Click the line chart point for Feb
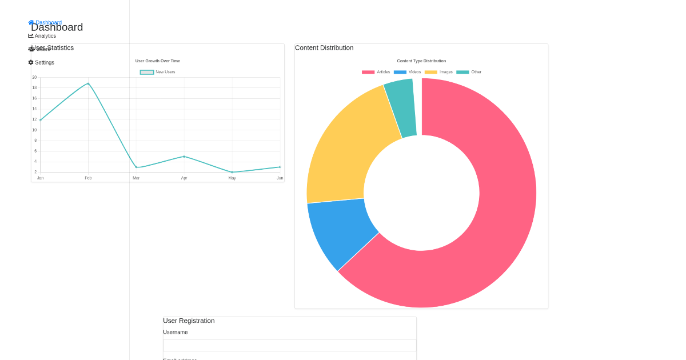[88, 83]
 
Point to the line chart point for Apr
[184, 157]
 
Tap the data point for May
[232, 172]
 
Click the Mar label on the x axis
[136, 178]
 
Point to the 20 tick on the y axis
[34, 77]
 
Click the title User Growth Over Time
[158, 61]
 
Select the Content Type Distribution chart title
[421, 61]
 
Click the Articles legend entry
[376, 72]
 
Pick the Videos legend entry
[408, 72]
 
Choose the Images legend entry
[439, 72]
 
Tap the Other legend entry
[469, 72]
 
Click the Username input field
[289, 345]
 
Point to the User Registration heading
[189, 321]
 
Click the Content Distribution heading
[324, 48]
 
